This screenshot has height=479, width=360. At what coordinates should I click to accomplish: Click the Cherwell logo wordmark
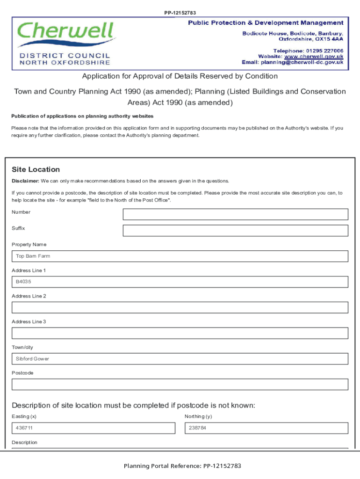pyautogui.click(x=65, y=32)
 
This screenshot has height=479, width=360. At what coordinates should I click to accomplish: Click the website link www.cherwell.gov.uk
pyautogui.click(x=314, y=56)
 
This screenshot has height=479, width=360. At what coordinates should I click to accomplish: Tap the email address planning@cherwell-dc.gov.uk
pyautogui.click(x=302, y=62)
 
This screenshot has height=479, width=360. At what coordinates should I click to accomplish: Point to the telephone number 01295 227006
pyautogui.click(x=324, y=51)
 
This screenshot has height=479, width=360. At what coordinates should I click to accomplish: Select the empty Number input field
pyautogui.click(x=235, y=214)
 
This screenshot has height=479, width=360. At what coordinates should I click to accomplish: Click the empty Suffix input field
pyautogui.click(x=235, y=231)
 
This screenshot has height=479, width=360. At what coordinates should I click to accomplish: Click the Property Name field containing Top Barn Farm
pyautogui.click(x=180, y=256)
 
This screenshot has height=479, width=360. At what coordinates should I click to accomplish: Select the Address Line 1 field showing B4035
pyautogui.click(x=180, y=282)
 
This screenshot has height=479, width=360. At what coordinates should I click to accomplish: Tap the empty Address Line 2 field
pyautogui.click(x=180, y=307)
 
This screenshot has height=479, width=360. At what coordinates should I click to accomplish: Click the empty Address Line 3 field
pyautogui.click(x=180, y=333)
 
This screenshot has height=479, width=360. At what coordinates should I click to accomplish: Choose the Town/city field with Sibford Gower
pyautogui.click(x=180, y=359)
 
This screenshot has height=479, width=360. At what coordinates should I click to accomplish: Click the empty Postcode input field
pyautogui.click(x=180, y=385)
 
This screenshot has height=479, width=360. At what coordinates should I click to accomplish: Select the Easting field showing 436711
pyautogui.click(x=94, y=428)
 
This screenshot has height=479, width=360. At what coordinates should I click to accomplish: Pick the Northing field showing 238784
pyautogui.click(x=266, y=428)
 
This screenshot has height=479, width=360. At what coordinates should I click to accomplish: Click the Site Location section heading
pyautogui.click(x=36, y=169)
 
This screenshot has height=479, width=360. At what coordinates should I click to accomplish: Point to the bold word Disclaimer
pyautogui.click(x=25, y=181)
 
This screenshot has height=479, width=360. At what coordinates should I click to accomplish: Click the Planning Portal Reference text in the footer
pyautogui.click(x=182, y=466)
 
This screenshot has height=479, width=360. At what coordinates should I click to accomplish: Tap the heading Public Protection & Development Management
pyautogui.click(x=266, y=22)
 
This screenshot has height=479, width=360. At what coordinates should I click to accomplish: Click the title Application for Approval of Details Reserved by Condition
pyautogui.click(x=180, y=76)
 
